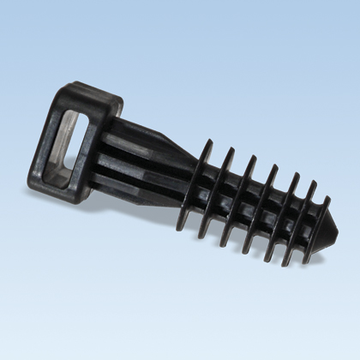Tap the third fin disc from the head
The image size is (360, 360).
coord(241,202)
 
